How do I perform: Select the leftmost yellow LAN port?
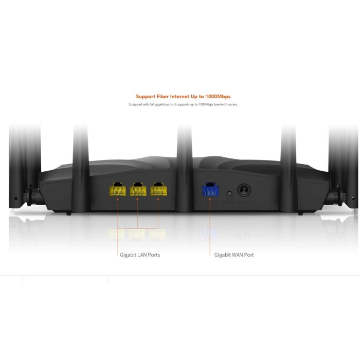117,190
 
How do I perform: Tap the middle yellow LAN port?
138,190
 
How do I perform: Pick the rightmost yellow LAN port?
158,190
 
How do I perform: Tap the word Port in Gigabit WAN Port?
249,255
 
